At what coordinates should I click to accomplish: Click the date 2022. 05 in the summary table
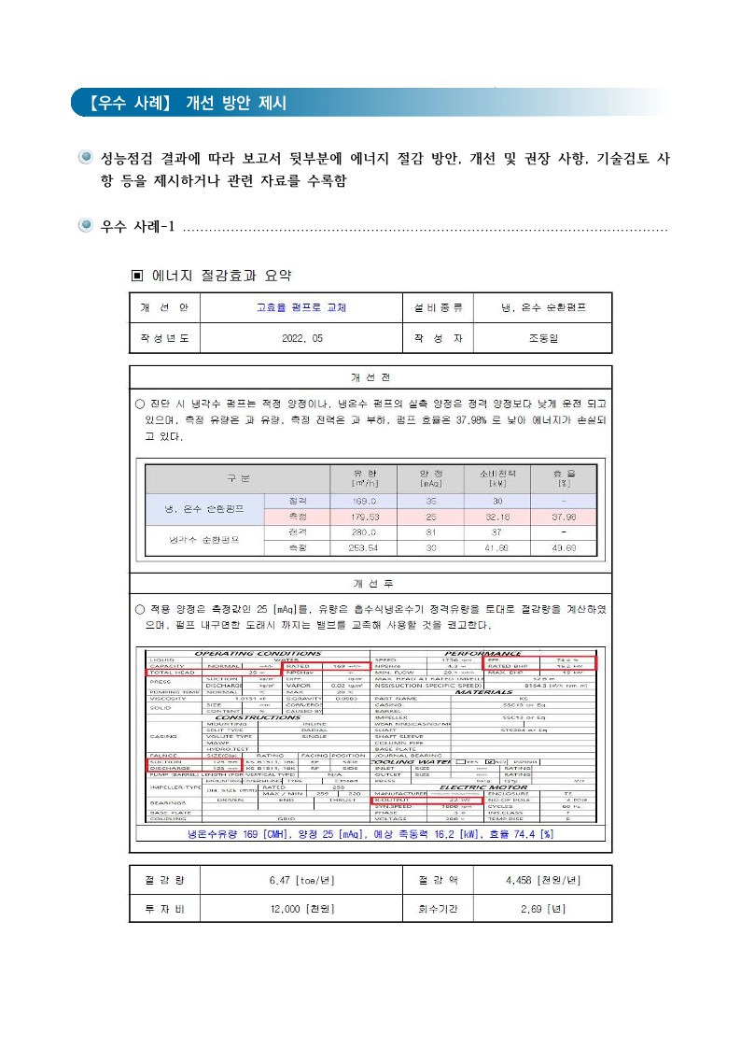click(x=301, y=338)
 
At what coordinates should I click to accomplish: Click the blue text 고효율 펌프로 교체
click(x=301, y=306)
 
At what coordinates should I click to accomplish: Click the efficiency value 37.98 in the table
click(x=563, y=517)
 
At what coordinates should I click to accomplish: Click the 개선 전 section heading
click(x=370, y=377)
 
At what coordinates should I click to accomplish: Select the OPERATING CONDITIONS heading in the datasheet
click(x=258, y=653)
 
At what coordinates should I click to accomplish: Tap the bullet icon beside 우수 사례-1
click(x=85, y=226)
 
